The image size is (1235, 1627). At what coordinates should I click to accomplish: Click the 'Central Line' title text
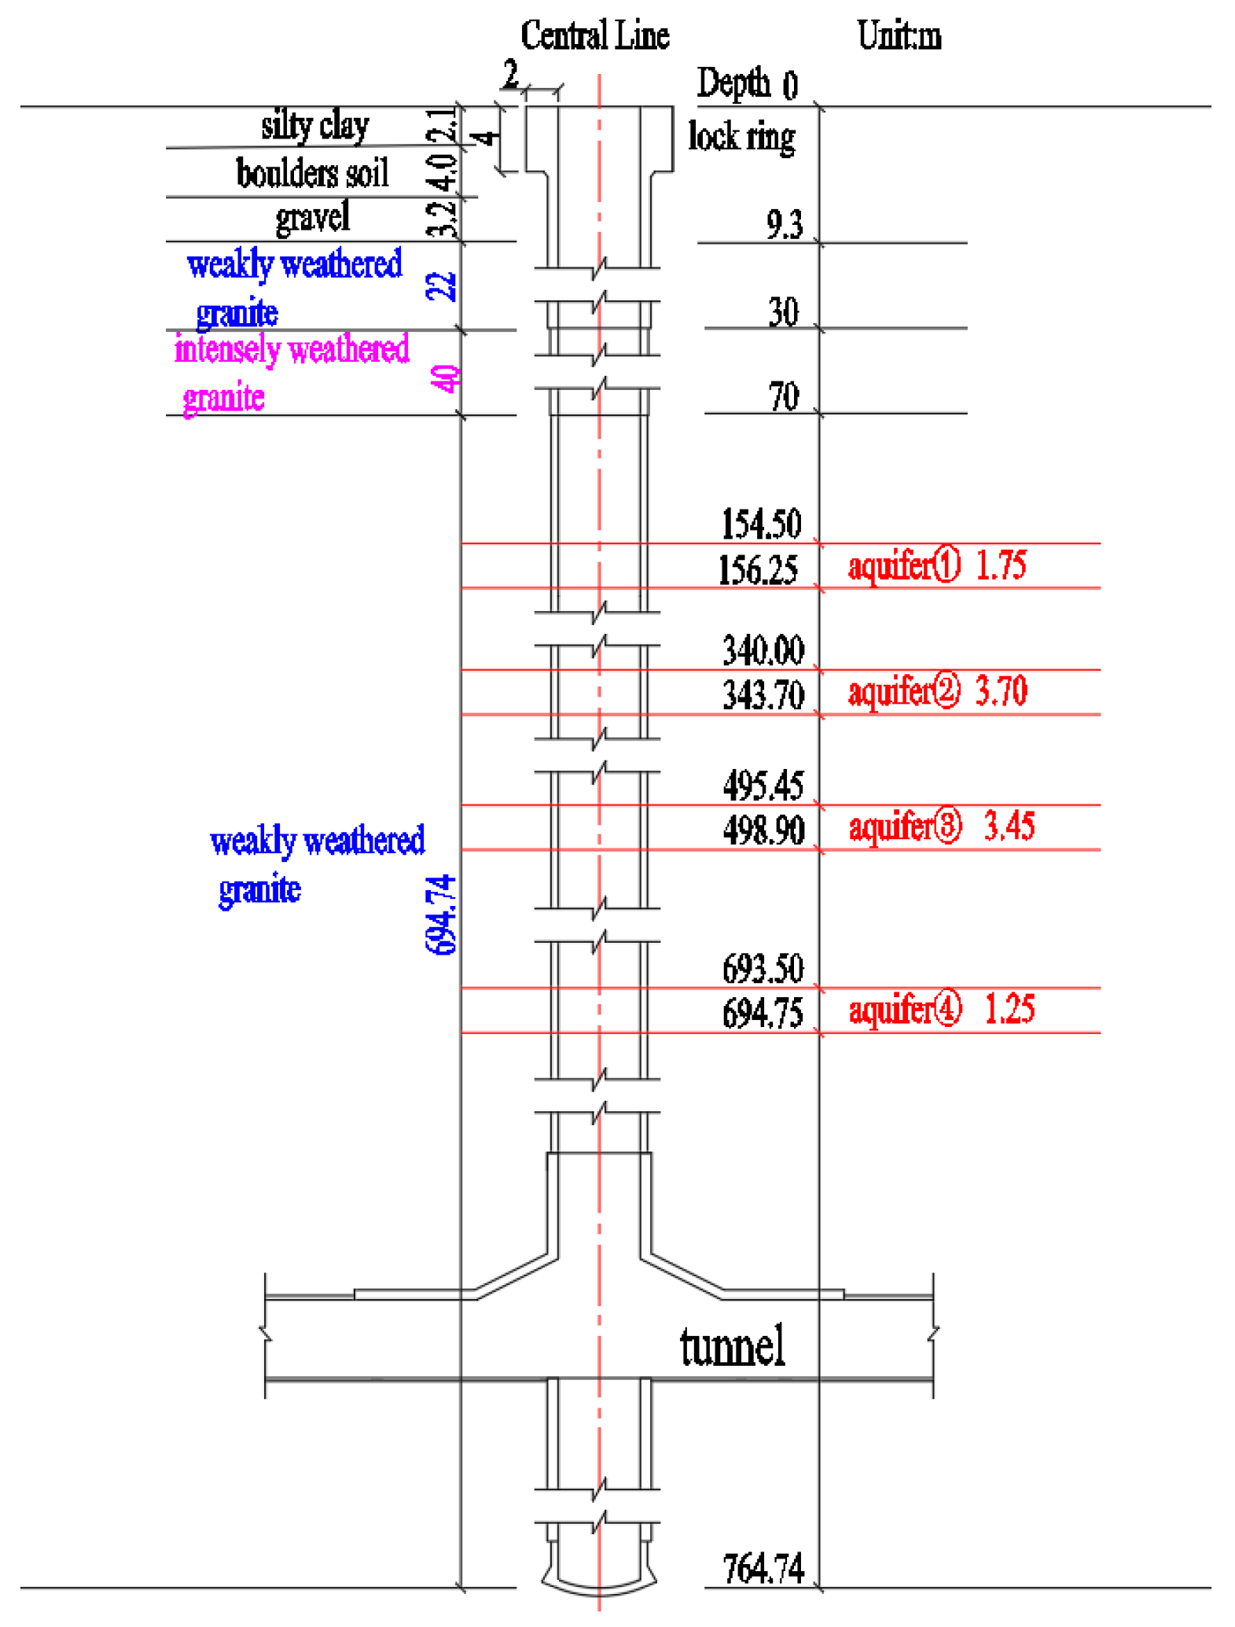pyautogui.click(x=594, y=36)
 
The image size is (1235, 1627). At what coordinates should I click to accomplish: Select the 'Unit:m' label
pyautogui.click(x=899, y=36)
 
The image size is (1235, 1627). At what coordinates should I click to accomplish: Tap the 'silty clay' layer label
pyautogui.click(x=314, y=126)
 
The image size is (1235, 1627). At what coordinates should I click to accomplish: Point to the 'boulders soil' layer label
pyautogui.click(x=312, y=173)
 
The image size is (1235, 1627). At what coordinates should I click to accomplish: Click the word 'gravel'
pyautogui.click(x=312, y=218)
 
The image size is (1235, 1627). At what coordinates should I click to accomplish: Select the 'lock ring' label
pyautogui.click(x=741, y=137)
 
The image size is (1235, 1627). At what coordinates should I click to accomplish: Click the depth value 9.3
pyautogui.click(x=784, y=225)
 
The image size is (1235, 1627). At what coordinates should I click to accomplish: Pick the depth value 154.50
pyautogui.click(x=761, y=524)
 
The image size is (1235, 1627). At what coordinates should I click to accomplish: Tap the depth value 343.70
pyautogui.click(x=763, y=695)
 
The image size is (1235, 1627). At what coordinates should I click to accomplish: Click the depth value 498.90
pyautogui.click(x=763, y=830)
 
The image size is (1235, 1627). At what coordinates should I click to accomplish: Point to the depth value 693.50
pyautogui.click(x=763, y=969)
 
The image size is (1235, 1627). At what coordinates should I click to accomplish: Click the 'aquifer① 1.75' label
pyautogui.click(x=936, y=565)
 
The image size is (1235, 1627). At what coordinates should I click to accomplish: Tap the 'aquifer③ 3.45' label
pyautogui.click(x=941, y=826)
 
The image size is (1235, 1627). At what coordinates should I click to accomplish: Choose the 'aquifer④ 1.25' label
pyautogui.click(x=941, y=1010)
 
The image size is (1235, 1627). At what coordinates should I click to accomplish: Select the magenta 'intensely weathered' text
pyautogui.click(x=292, y=349)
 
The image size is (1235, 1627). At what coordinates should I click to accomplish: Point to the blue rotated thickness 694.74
pyautogui.click(x=441, y=914)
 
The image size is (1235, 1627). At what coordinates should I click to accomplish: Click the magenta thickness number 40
pyautogui.click(x=445, y=378)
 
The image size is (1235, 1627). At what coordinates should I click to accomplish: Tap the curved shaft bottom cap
pyautogui.click(x=599, y=1582)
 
